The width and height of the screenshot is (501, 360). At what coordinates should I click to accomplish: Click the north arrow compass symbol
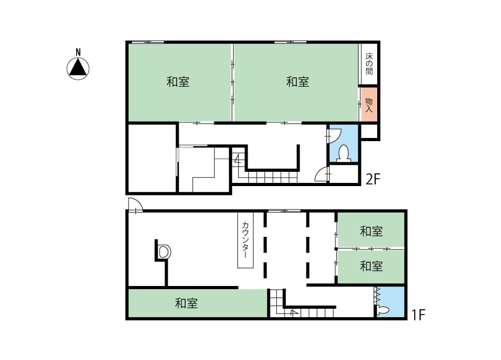tap(78, 69)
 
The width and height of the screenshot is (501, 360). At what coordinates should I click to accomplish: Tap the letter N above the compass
tap(78, 52)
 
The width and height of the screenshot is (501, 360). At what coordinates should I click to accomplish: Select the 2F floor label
tap(373, 180)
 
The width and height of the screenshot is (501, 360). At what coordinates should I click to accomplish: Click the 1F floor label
tap(418, 315)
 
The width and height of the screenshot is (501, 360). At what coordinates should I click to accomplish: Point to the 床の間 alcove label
tap(369, 64)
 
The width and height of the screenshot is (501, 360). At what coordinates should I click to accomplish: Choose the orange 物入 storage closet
tap(369, 105)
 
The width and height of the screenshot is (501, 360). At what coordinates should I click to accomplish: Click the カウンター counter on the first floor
tap(245, 240)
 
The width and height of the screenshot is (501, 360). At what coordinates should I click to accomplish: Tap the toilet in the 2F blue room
tap(344, 154)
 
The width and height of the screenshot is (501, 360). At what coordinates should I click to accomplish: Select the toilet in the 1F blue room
tap(382, 310)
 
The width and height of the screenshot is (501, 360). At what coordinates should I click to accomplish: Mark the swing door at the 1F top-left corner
tap(135, 205)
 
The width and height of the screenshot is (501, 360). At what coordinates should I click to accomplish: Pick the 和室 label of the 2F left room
tap(178, 82)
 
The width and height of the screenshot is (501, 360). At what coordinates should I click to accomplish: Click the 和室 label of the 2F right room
tap(297, 82)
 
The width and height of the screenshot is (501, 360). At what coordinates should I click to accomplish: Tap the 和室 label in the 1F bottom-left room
tap(187, 303)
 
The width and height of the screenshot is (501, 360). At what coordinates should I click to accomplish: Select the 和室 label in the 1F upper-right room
tap(371, 231)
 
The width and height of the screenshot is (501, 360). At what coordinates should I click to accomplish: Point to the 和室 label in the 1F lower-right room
tap(371, 266)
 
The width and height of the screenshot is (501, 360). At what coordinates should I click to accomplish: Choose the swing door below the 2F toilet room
tap(322, 174)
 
